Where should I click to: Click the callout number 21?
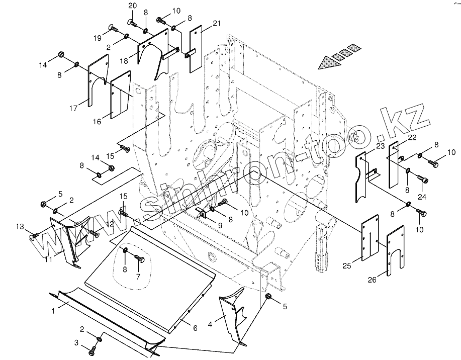[x=216, y=24]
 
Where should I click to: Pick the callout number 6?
[x=195, y=328]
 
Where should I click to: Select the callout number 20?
[x=132, y=6]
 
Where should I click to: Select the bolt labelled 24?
[x=422, y=179]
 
